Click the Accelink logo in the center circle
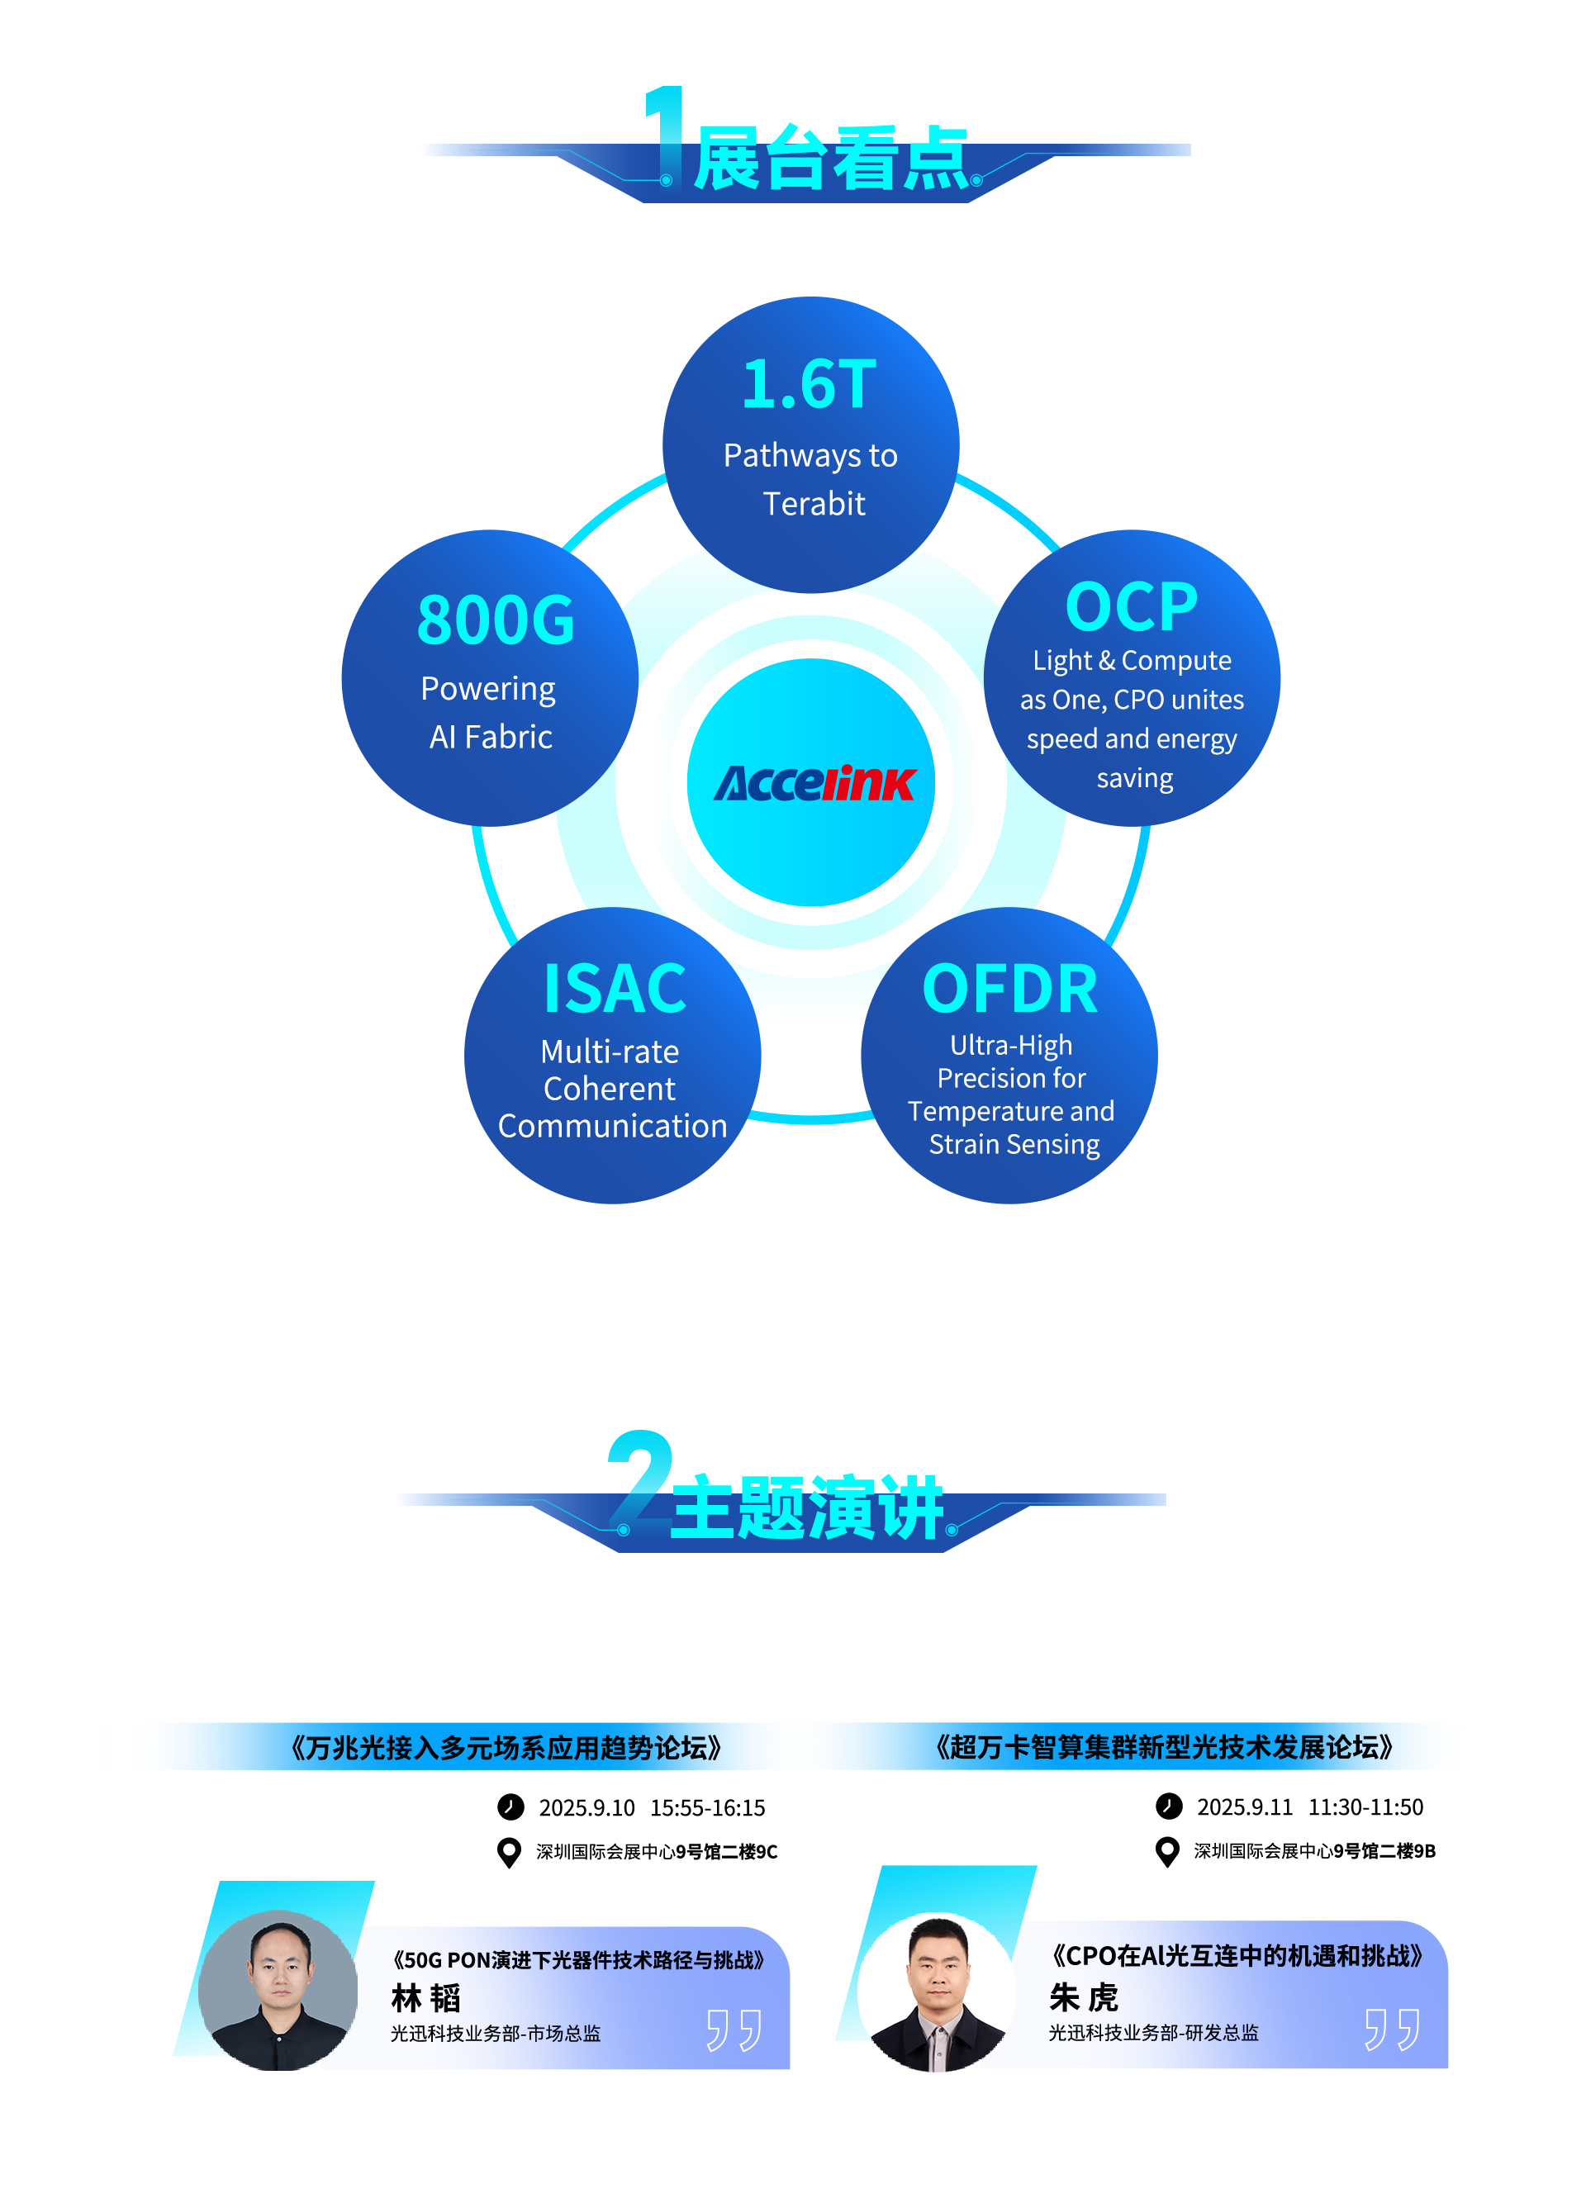point(814,783)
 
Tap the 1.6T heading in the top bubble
point(809,385)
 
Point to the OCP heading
point(1132,607)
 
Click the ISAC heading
point(615,989)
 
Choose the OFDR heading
point(1010,989)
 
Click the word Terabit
point(814,503)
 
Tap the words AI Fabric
point(491,738)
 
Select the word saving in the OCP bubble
point(1134,779)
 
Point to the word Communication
point(612,1126)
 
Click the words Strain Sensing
point(1014,1144)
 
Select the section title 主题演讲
point(806,1507)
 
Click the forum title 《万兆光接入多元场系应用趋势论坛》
point(506,1749)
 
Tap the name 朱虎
point(1084,1998)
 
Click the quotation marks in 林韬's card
point(734,2030)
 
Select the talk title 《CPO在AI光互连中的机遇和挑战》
point(1237,1955)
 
